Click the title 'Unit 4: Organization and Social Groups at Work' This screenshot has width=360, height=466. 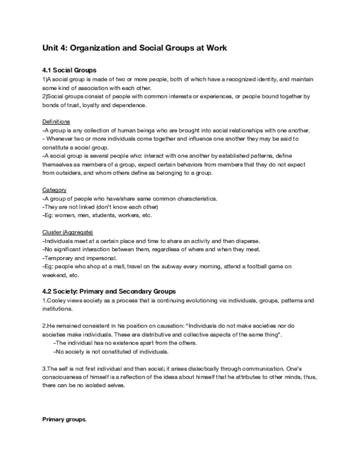coord(135,48)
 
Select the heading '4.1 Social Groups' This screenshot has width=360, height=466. coord(69,70)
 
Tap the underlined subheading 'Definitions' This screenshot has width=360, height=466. coord(56,121)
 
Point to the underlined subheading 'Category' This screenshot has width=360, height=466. coord(54,190)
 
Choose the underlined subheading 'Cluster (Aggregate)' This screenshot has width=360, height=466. coord(68,232)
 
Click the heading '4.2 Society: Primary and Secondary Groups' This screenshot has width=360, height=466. coord(109,291)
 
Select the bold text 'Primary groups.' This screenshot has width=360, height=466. coord(64,419)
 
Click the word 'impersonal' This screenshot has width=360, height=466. coord(99,258)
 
